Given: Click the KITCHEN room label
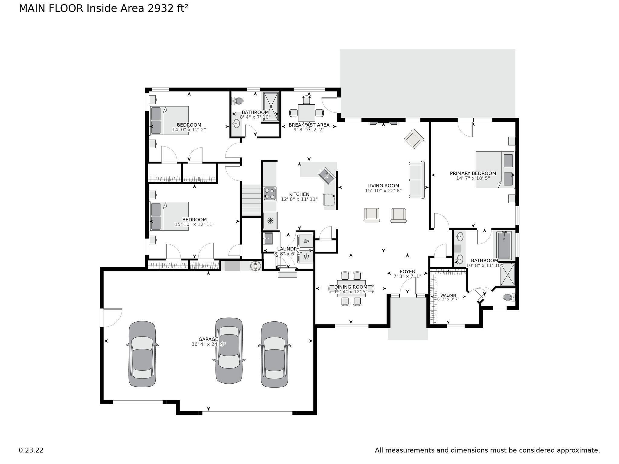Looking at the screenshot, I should [299, 194].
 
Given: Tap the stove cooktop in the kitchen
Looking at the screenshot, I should [270, 194].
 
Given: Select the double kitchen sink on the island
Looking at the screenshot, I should [326, 176].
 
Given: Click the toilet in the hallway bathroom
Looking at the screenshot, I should [239, 101].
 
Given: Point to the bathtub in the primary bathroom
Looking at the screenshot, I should [504, 245].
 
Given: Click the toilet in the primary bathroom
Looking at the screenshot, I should [509, 297].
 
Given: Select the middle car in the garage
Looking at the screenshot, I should [229, 350].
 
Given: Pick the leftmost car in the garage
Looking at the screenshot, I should [142, 354].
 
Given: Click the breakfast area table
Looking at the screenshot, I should [306, 113].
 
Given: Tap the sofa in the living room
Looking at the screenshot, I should [416, 180].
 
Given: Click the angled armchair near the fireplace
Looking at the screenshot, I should [414, 139].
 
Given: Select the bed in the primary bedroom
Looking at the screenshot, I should [494, 169].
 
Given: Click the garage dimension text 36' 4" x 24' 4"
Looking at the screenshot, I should [209, 344].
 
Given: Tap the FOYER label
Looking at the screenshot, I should [407, 272].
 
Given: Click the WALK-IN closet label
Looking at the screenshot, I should [448, 295].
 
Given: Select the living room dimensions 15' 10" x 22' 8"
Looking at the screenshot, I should [383, 191].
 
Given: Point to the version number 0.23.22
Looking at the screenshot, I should [31, 450].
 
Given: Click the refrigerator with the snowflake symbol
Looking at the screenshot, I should [270, 221].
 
